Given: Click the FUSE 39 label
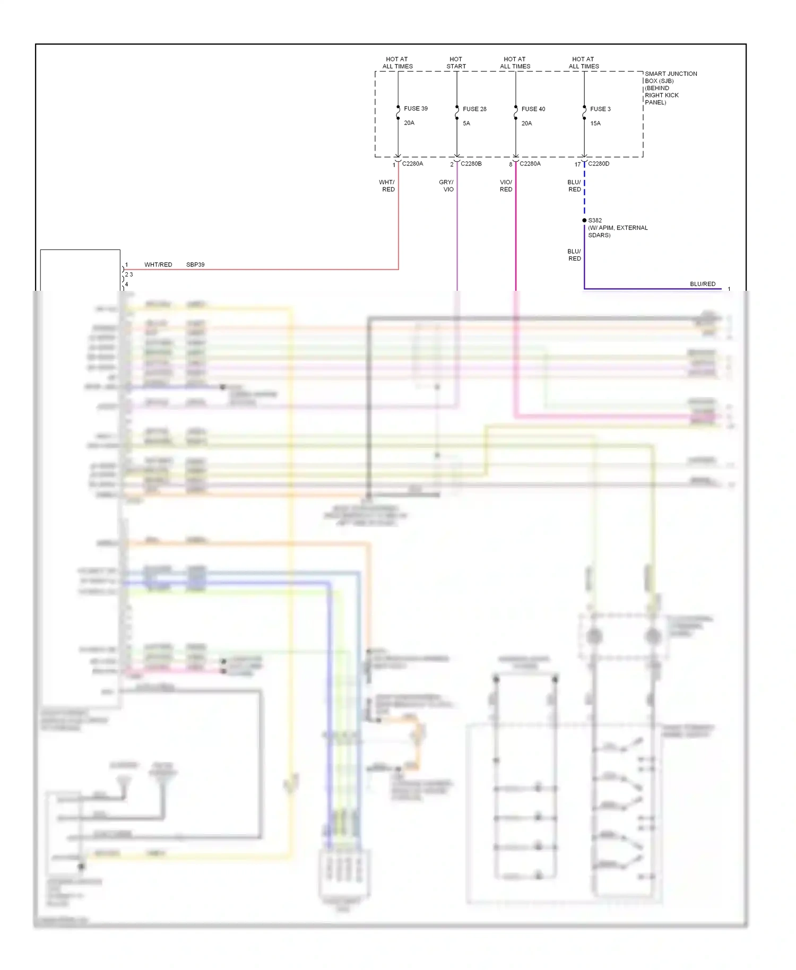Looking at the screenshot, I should tap(416, 108).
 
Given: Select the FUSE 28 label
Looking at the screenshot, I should tap(474, 109).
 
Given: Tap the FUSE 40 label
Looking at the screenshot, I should tap(533, 109).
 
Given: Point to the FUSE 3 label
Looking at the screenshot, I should tap(600, 109).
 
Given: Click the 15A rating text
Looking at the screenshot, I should tap(595, 123).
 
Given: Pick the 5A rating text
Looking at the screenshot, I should tap(466, 123).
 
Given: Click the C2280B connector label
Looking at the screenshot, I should tap(471, 163).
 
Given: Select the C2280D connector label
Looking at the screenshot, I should tap(599, 163).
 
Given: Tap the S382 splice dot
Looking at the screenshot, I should tap(584, 220).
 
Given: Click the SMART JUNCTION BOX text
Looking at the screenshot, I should tap(670, 77).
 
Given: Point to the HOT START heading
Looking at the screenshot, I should tap(456, 63).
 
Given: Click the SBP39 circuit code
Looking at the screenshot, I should tap(195, 264).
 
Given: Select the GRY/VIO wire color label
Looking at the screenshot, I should tap(446, 186).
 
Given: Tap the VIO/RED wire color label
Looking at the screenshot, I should tap(506, 186).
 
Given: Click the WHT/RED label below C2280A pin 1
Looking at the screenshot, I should tap(387, 186).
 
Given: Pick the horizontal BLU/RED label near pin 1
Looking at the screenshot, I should tap(703, 284).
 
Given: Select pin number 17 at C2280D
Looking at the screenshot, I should tap(577, 164).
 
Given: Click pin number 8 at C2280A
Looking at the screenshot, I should tap(511, 164).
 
